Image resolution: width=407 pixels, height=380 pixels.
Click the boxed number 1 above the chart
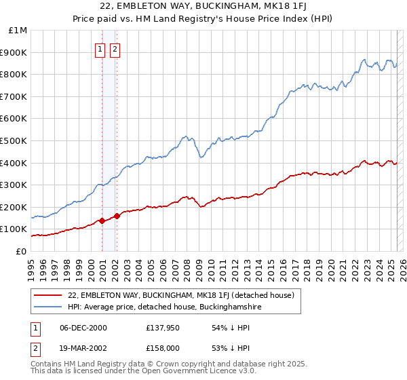(100, 49)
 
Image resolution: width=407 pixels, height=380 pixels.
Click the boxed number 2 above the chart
(115, 49)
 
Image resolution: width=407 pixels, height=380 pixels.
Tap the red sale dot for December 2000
(102, 221)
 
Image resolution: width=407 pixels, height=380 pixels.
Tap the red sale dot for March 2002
(117, 216)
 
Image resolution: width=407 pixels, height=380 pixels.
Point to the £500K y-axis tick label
(14, 140)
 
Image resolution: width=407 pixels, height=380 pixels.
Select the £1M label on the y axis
(18, 30)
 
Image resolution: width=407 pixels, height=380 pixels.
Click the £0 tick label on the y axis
(20, 251)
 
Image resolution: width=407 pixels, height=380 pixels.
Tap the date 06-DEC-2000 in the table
(83, 328)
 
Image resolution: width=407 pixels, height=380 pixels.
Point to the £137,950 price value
(162, 328)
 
